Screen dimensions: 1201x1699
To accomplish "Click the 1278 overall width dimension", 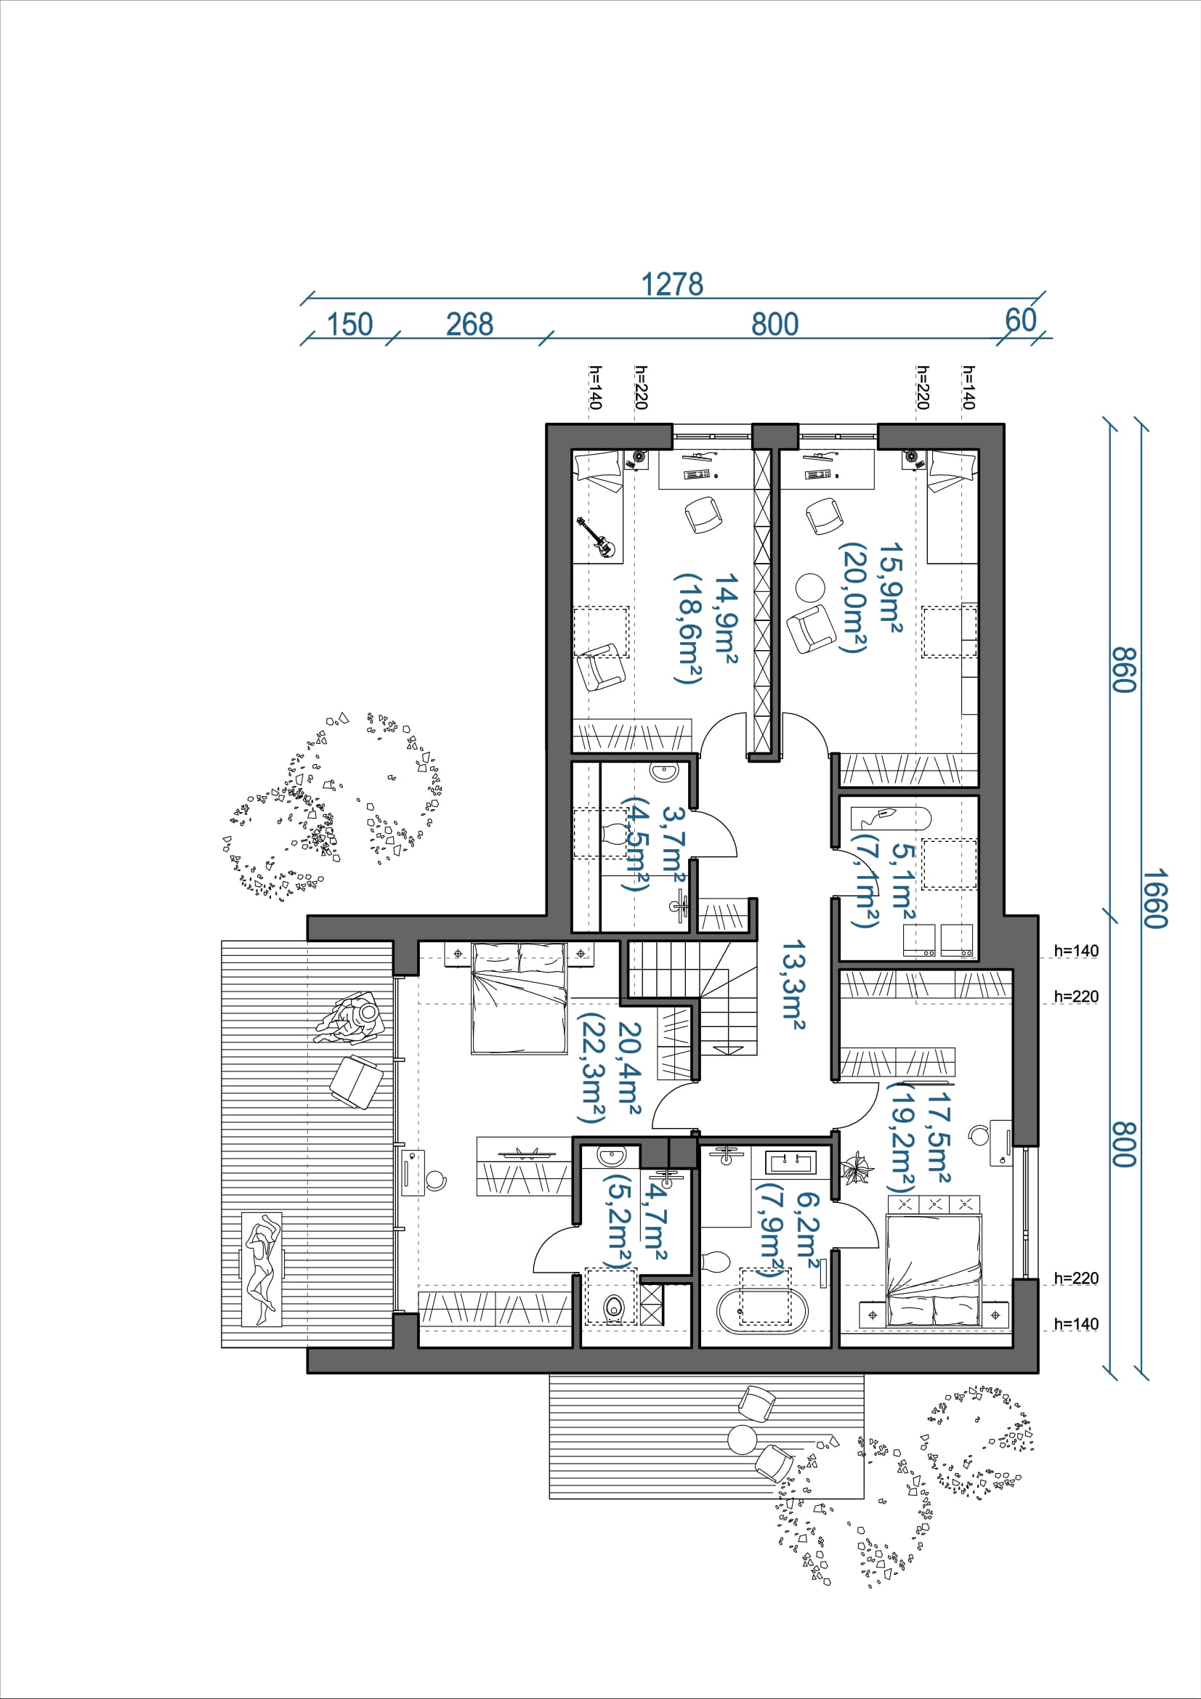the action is [x=671, y=284].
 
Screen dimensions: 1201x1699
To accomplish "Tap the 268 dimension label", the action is [x=469, y=324].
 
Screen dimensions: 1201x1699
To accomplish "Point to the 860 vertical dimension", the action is [x=1123, y=670].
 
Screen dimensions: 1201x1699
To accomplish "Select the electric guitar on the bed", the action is [x=597, y=538].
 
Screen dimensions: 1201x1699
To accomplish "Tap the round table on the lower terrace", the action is [x=743, y=1439].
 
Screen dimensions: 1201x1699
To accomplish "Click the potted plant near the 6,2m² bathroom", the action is [x=857, y=1168].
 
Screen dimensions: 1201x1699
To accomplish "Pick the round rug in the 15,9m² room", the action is [x=810, y=588].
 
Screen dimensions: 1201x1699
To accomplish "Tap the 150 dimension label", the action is [x=349, y=324].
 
